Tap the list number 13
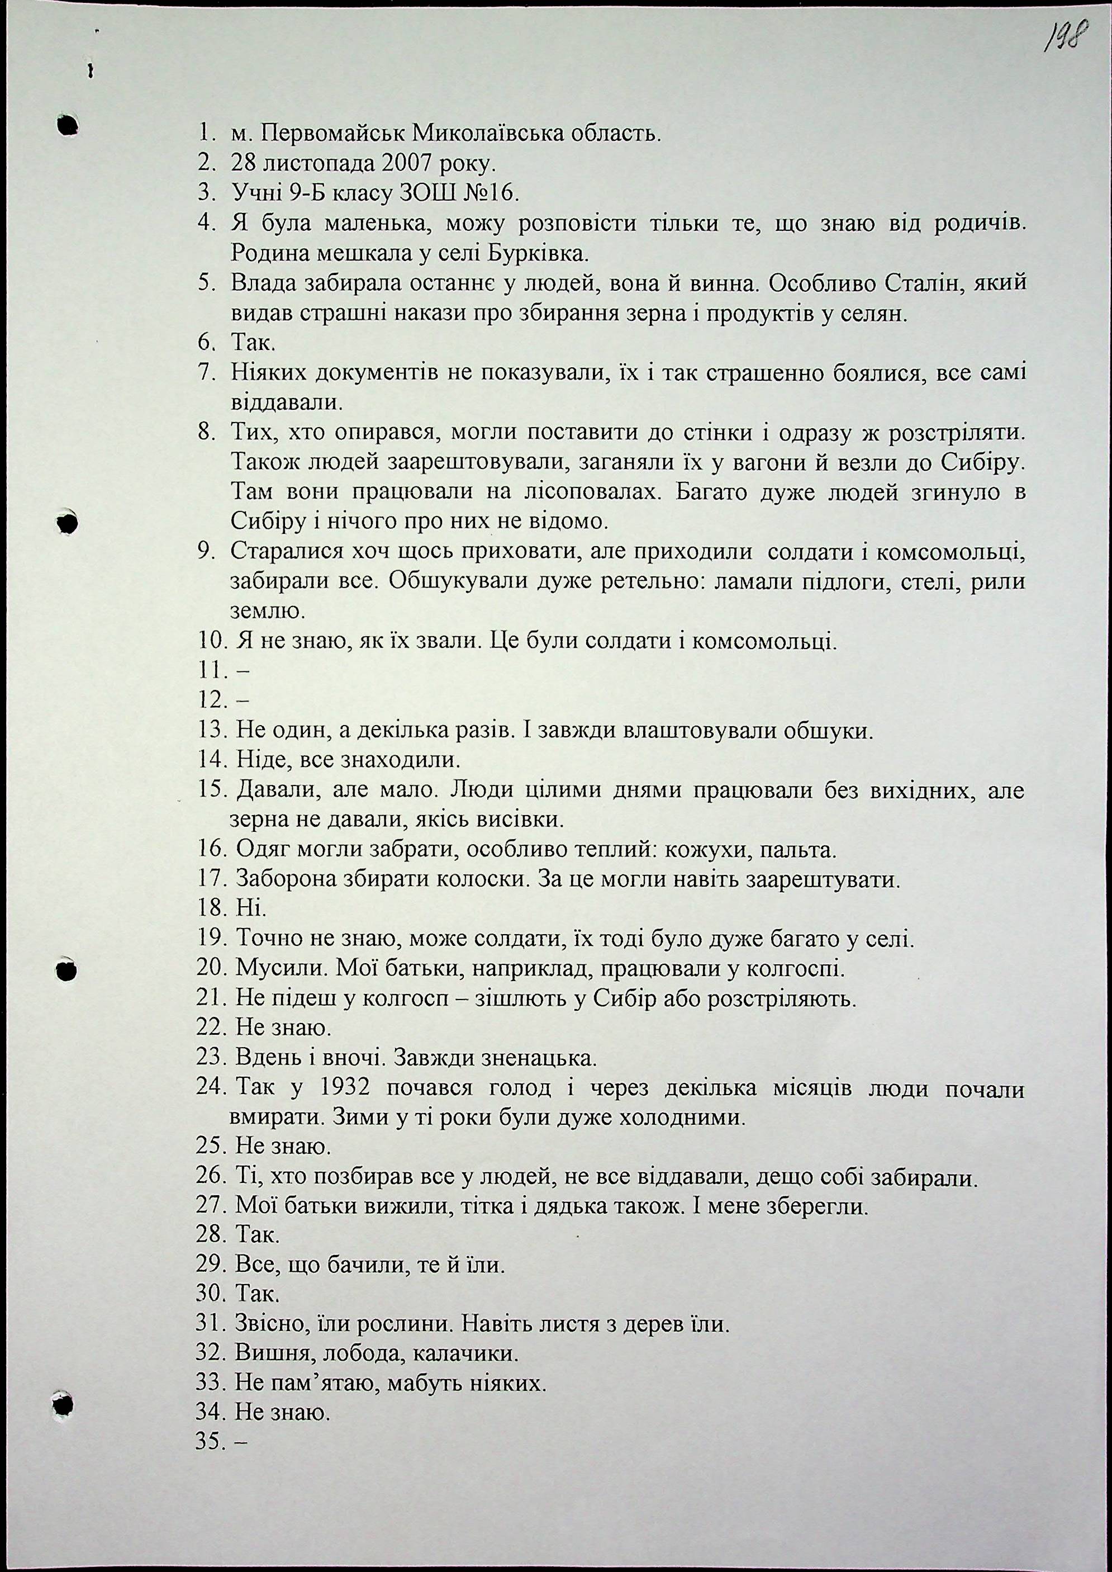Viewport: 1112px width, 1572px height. pyautogui.click(x=211, y=731)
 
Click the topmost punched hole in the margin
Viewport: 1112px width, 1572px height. pyautogui.click(x=67, y=125)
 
